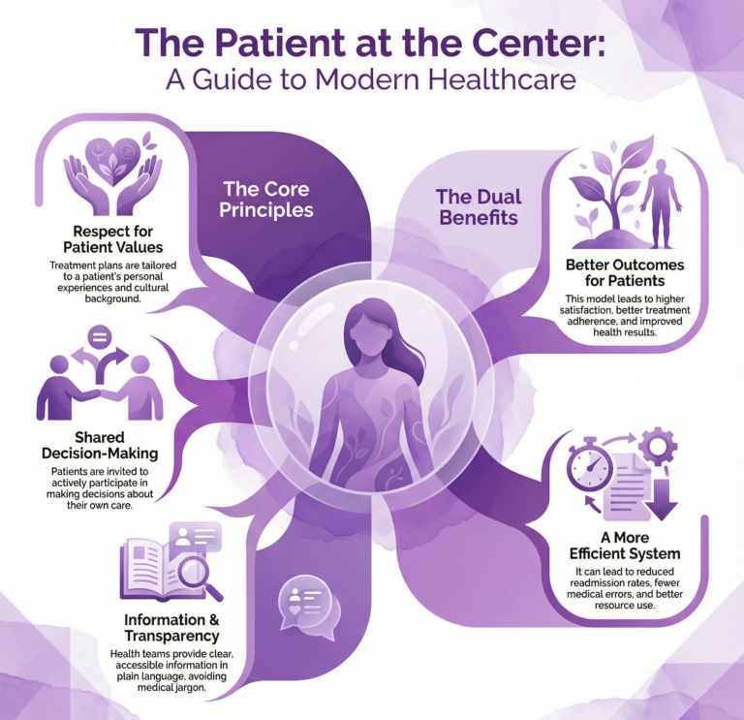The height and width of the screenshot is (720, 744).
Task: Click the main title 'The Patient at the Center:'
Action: coord(371,44)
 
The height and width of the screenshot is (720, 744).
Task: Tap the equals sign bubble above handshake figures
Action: coord(98,338)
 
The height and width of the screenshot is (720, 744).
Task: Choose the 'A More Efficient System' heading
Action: coord(625,545)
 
